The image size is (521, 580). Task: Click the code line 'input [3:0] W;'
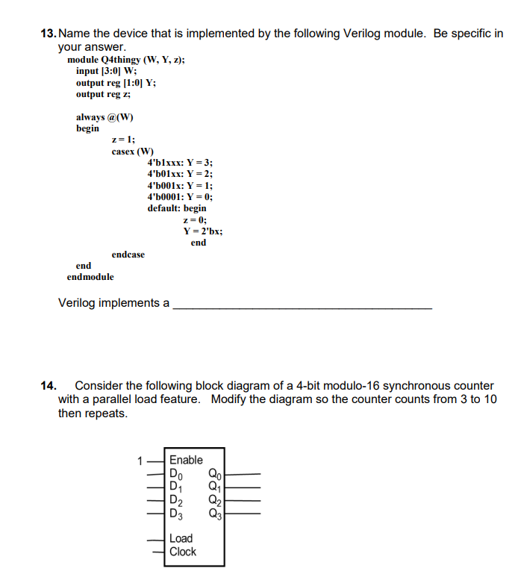click(106, 71)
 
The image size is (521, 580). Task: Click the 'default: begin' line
click(177, 208)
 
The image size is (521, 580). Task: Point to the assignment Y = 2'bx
click(202, 231)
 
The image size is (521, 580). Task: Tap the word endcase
click(128, 255)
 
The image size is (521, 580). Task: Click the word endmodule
click(90, 277)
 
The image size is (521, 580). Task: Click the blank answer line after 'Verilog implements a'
click(302, 306)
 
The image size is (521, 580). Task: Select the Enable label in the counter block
click(186, 460)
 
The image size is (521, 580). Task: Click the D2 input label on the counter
click(176, 500)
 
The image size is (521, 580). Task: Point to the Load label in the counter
click(181, 538)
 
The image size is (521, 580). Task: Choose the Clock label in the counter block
click(183, 552)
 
